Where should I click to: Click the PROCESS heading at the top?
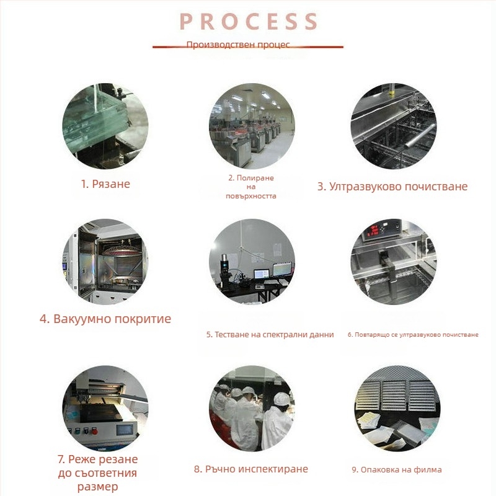(x=249, y=22)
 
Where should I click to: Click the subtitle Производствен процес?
(x=238, y=45)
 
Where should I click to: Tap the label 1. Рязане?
(x=105, y=184)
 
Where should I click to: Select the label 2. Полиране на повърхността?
(x=251, y=187)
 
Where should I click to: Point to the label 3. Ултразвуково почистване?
(x=392, y=187)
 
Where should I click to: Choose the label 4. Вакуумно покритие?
(x=105, y=319)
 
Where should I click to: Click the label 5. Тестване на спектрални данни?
(x=270, y=335)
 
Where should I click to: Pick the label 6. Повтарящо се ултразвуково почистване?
(x=413, y=335)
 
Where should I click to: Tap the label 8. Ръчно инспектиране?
(x=251, y=469)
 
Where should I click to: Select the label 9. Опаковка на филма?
(x=397, y=469)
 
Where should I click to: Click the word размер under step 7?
(x=97, y=487)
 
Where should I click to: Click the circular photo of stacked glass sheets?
(x=105, y=126)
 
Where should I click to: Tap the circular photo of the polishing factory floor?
(x=252, y=126)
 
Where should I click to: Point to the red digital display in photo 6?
(x=375, y=230)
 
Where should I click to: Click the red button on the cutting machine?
(x=94, y=431)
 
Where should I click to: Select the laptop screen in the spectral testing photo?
(x=262, y=273)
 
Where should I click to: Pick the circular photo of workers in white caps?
(x=252, y=409)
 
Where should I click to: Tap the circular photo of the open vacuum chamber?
(x=105, y=262)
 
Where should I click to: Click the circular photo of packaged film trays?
(x=397, y=409)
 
